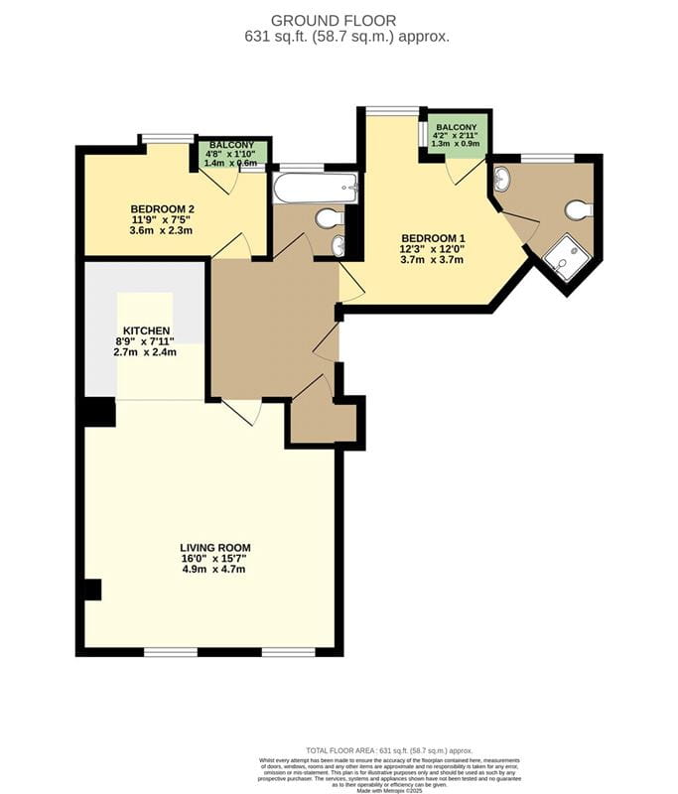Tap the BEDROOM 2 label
coord(162,207)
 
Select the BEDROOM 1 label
coord(432,237)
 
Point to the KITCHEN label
coord(146,330)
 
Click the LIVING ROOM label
coord(214,547)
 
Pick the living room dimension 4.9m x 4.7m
coord(214,570)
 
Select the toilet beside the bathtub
coord(327,217)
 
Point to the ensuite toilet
coord(578,209)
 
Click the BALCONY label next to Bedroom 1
coord(456,128)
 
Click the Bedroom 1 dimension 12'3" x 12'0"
coord(432,249)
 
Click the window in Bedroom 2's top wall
coord(167,139)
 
